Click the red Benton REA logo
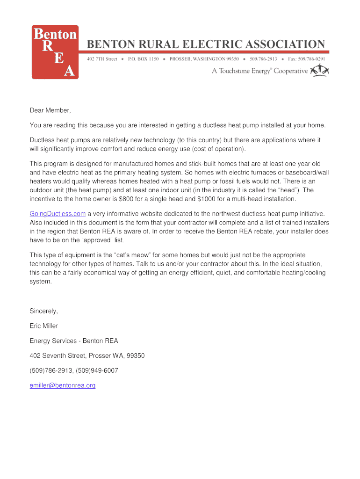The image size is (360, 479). (55, 52)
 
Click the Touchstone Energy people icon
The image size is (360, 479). (320, 71)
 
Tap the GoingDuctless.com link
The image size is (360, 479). (58, 214)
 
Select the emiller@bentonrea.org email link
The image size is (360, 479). (63, 385)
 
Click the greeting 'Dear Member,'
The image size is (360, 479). (50, 110)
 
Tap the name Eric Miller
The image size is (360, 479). (44, 326)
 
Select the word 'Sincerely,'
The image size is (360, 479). (44, 311)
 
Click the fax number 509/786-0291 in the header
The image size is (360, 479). (313, 59)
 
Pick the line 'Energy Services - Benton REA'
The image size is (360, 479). (74, 341)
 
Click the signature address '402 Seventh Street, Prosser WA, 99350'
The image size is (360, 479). (87, 356)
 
